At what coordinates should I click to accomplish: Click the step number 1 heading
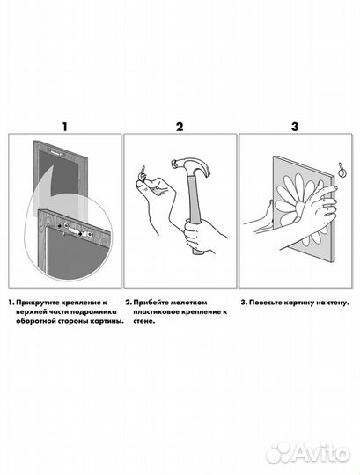click(x=64, y=127)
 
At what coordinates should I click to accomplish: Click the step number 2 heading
click(x=180, y=127)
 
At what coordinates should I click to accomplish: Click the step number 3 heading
click(x=295, y=127)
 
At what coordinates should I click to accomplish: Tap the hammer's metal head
click(x=191, y=167)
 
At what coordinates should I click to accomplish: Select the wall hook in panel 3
click(x=342, y=170)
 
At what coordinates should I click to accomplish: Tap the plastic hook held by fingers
click(x=143, y=172)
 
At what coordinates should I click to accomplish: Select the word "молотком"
click(x=188, y=303)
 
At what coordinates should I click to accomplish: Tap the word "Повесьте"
click(x=265, y=303)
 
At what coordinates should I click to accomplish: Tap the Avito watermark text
click(x=321, y=454)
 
